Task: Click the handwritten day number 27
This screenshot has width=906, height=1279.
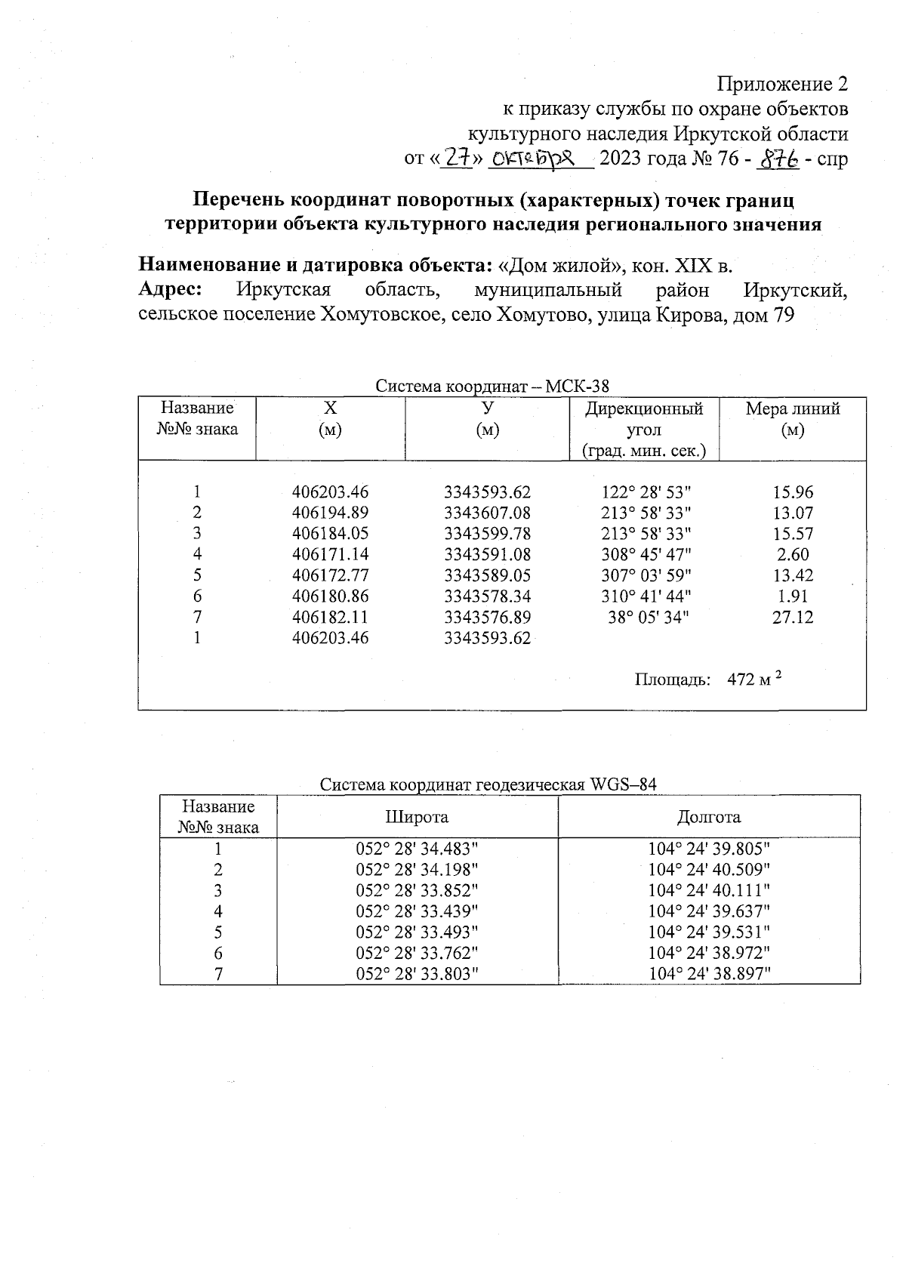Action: click(455, 158)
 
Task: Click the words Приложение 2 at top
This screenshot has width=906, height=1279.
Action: click(782, 83)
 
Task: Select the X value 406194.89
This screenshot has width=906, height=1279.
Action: click(330, 513)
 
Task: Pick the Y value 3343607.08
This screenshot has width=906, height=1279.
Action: click(487, 513)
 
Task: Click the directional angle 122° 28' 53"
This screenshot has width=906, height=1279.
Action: click(646, 492)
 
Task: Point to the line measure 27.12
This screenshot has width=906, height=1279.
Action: click(793, 618)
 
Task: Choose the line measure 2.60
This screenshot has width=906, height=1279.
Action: click(793, 555)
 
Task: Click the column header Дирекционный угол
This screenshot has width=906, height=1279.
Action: click(644, 419)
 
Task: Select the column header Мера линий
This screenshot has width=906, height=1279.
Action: click(793, 409)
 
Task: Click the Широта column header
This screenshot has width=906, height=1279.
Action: click(417, 817)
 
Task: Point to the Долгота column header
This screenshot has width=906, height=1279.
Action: click(709, 817)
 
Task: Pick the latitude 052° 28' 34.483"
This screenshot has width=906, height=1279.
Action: click(417, 849)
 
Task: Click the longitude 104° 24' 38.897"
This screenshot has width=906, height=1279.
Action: click(709, 974)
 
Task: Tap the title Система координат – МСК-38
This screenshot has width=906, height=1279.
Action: click(492, 387)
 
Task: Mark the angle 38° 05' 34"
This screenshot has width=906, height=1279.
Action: click(649, 618)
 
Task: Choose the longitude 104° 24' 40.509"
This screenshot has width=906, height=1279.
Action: click(709, 870)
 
